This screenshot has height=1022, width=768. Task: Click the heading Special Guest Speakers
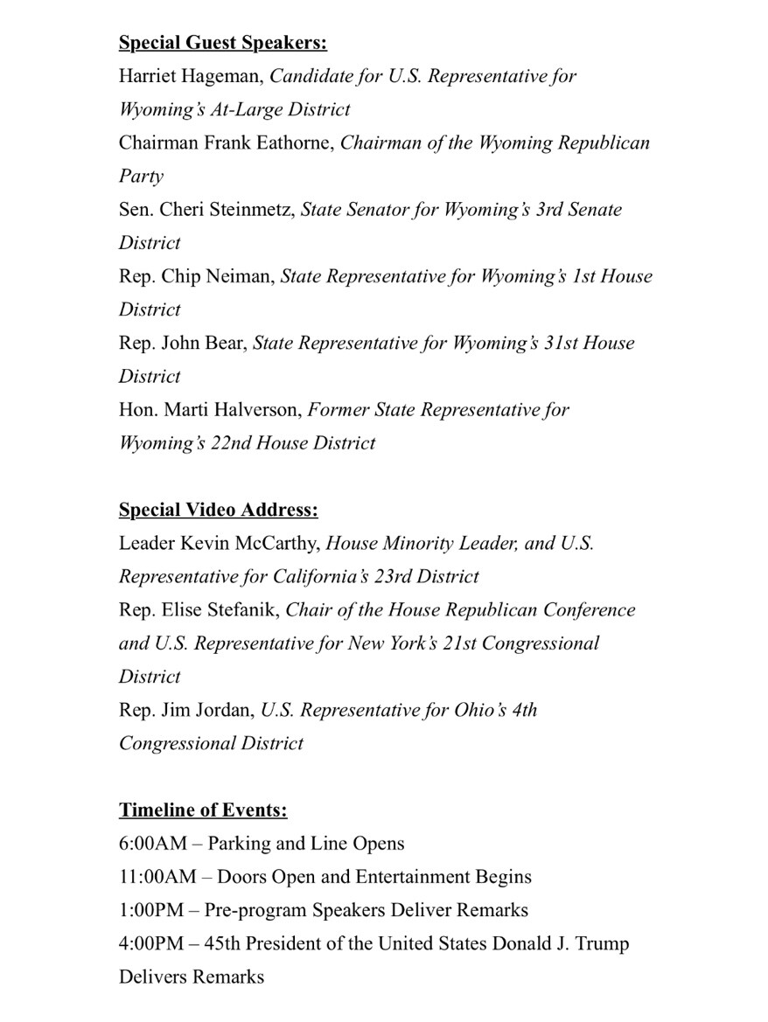click(x=223, y=43)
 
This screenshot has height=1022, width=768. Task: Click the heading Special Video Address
click(x=219, y=510)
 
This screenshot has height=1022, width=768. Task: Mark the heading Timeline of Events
click(x=203, y=810)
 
